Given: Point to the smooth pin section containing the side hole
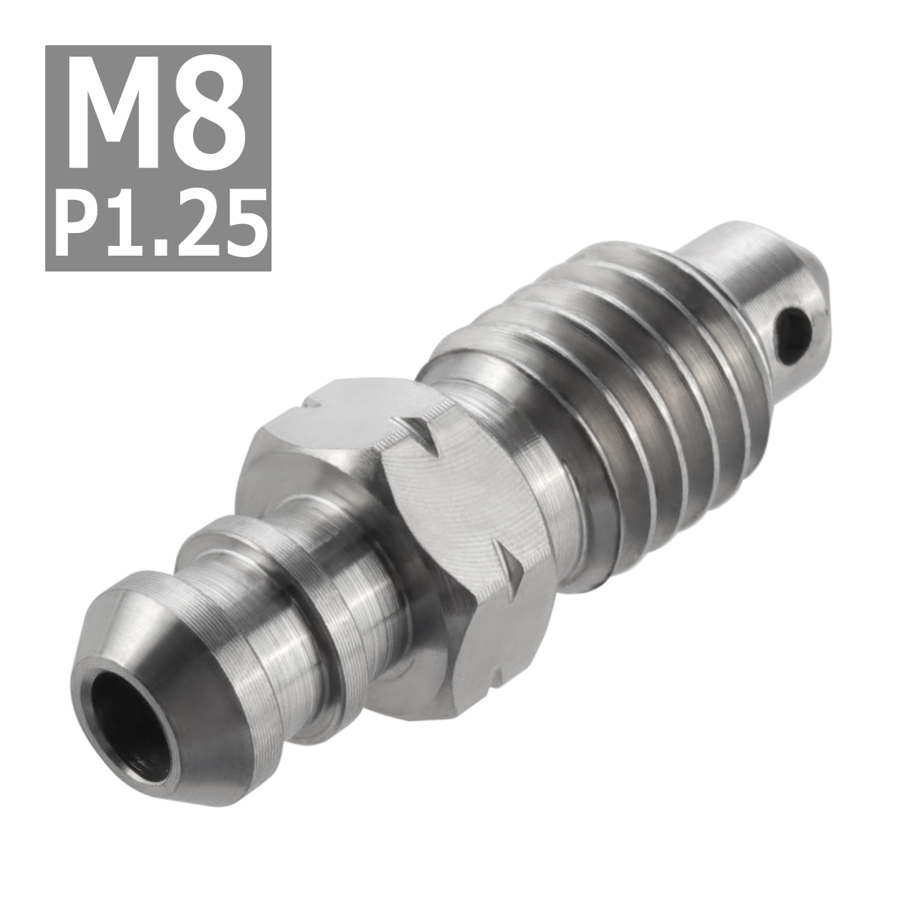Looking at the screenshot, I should (747, 287).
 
